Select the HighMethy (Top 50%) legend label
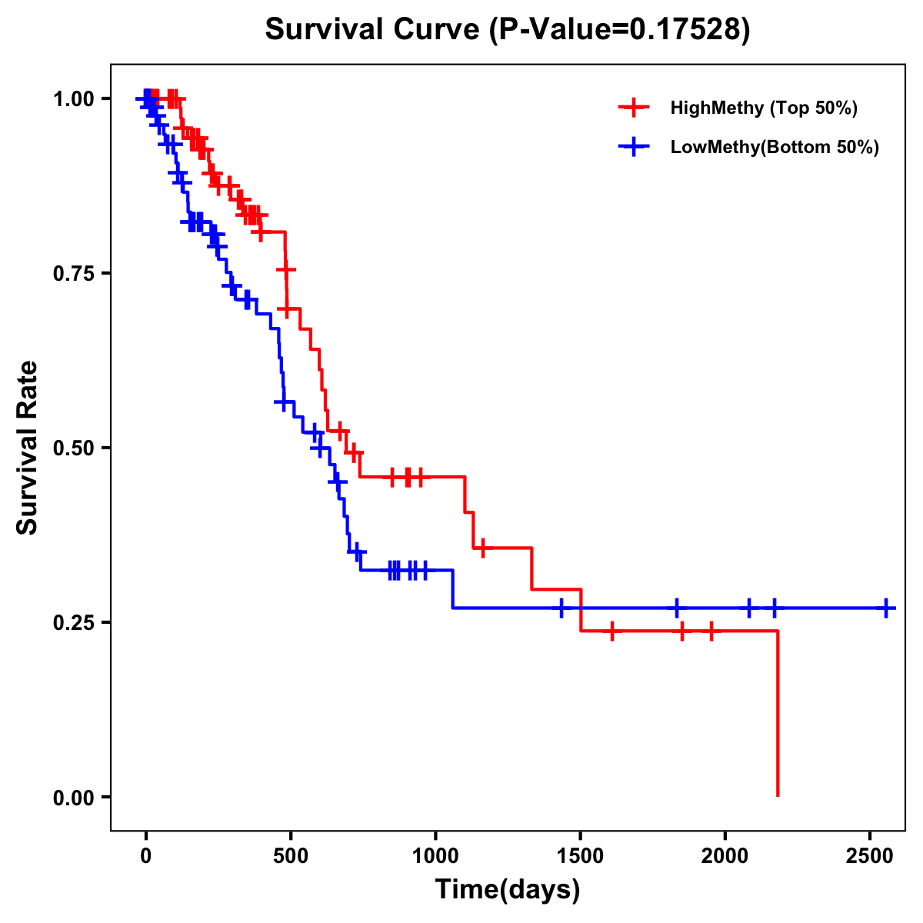click(x=763, y=108)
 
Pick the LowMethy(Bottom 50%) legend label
click(x=775, y=148)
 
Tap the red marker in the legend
click(x=633, y=108)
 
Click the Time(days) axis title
click(x=508, y=890)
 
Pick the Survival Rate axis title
click(x=28, y=448)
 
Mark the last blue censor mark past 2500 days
click(x=886, y=608)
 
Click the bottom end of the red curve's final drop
click(x=778, y=795)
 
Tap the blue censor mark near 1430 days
click(x=561, y=608)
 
